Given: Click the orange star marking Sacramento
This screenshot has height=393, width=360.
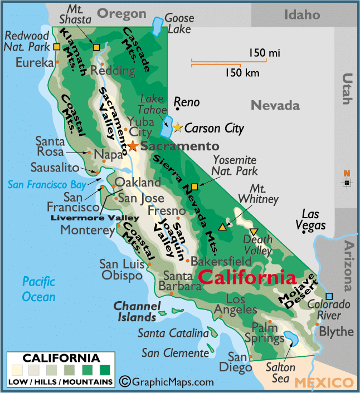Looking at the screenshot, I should (x=133, y=146).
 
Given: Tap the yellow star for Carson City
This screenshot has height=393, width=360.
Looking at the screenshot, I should (x=178, y=128).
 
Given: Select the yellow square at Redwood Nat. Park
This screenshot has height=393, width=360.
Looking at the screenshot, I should (x=57, y=47).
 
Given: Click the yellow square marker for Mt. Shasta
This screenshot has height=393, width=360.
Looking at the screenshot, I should (x=96, y=47).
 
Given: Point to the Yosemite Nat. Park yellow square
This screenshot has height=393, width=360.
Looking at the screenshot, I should (x=194, y=187).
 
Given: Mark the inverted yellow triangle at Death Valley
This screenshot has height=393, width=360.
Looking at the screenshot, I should (x=254, y=232).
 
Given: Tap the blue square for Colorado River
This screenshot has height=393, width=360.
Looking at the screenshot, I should (x=329, y=296).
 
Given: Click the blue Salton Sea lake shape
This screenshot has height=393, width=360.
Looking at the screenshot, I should (x=291, y=338).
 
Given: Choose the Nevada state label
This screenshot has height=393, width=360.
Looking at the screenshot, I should (x=275, y=105).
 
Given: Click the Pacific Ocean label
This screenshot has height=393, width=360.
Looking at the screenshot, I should (x=39, y=289).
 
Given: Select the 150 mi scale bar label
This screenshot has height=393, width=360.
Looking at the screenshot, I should (x=264, y=53).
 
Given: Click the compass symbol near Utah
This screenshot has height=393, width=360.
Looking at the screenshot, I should (x=347, y=181).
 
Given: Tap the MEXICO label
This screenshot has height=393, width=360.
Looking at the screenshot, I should (x=323, y=382).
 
